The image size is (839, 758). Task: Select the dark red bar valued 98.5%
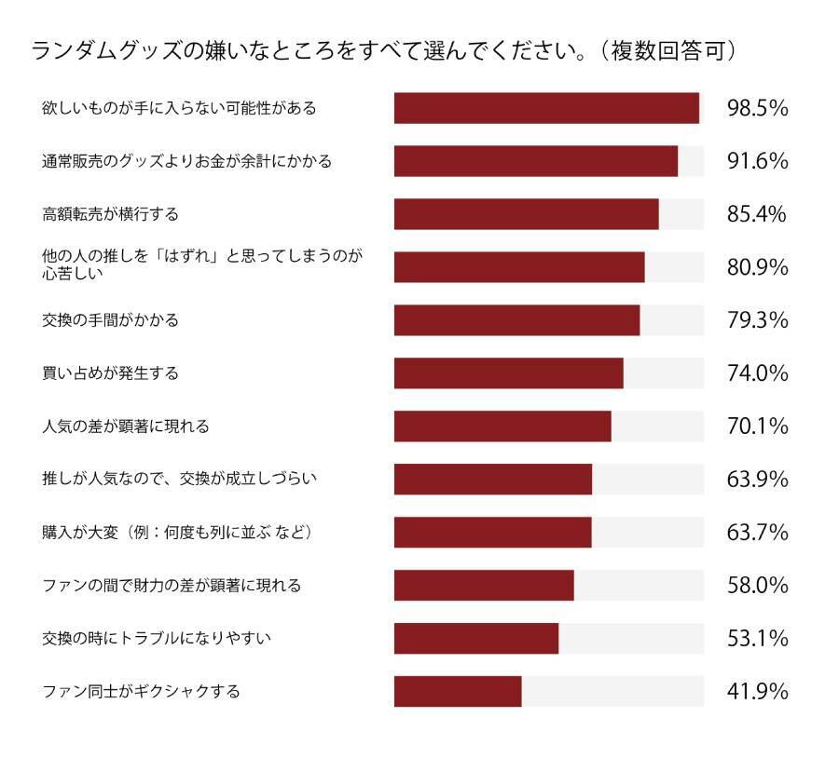546,108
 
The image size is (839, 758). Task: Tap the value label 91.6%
757,161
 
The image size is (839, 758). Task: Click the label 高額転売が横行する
110,214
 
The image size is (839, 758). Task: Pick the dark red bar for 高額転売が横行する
526,214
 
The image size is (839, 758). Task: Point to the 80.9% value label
757,267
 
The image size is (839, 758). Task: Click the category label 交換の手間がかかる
110,320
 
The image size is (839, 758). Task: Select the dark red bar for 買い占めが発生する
508,373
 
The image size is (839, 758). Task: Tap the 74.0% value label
757,373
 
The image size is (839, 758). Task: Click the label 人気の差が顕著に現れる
126,426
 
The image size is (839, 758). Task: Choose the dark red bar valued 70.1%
502,426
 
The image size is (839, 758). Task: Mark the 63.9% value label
757,480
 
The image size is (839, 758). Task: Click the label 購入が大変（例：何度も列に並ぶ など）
176,533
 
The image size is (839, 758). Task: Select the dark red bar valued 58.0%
484,586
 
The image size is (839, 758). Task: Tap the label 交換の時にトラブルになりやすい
156,639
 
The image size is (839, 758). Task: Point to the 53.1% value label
757,639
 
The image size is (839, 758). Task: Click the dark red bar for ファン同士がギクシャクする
458,692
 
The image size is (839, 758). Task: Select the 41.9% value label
757,692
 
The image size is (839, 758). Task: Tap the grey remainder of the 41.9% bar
612,692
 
